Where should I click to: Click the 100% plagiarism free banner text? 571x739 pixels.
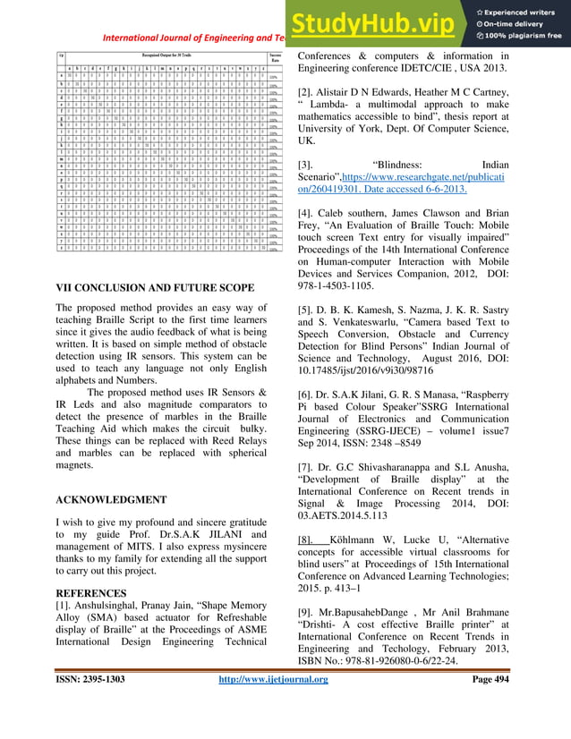point(521,35)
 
